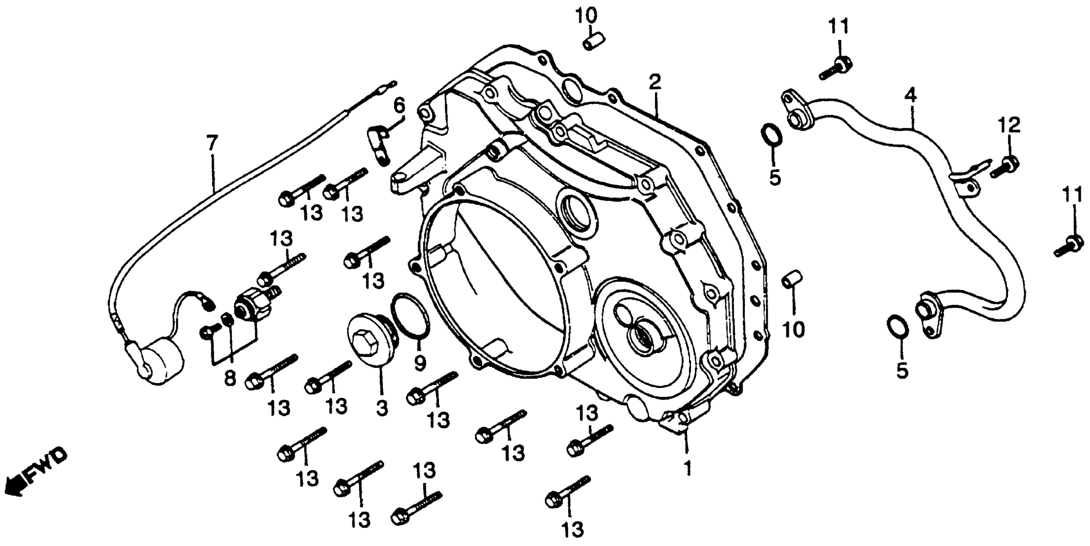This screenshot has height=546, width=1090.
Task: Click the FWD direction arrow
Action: [x=36, y=473]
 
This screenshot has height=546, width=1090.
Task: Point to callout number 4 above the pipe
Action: [x=911, y=97]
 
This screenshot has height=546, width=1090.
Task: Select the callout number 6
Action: [x=400, y=105]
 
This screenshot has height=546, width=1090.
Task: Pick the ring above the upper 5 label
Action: [x=771, y=135]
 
